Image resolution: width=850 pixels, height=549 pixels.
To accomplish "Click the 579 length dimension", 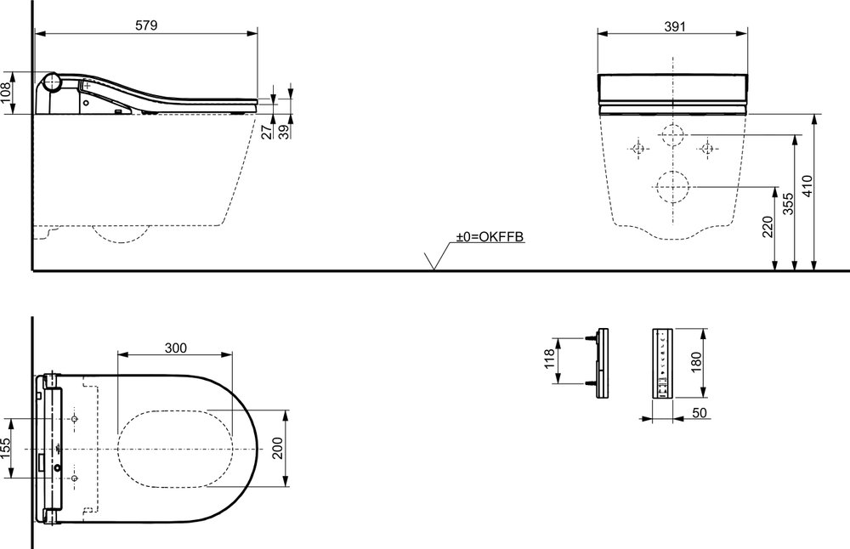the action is point(146,25).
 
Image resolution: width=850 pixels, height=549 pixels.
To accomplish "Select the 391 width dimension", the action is point(675,26).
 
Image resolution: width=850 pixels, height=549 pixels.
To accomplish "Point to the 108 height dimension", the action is point(6,93).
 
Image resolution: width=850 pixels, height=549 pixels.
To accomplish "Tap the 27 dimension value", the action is point(266,131).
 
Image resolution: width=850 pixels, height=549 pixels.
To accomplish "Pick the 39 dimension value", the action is point(285,131).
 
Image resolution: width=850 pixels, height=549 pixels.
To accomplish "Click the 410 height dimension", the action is point(807,186).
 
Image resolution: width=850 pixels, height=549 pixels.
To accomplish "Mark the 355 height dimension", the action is point(788,203).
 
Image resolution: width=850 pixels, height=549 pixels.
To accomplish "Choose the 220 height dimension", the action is point(768,227).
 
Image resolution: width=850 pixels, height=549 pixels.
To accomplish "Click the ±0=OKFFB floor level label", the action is point(490,236).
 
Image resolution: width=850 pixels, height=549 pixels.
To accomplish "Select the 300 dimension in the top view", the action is point(176,348).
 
